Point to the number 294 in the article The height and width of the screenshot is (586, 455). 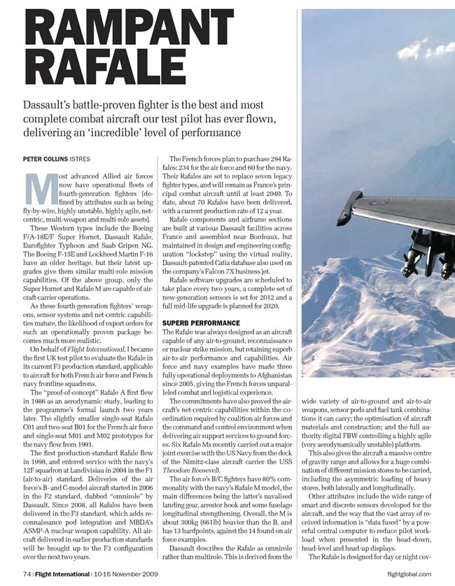point(265,159)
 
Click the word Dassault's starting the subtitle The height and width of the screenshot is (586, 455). point(53,103)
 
